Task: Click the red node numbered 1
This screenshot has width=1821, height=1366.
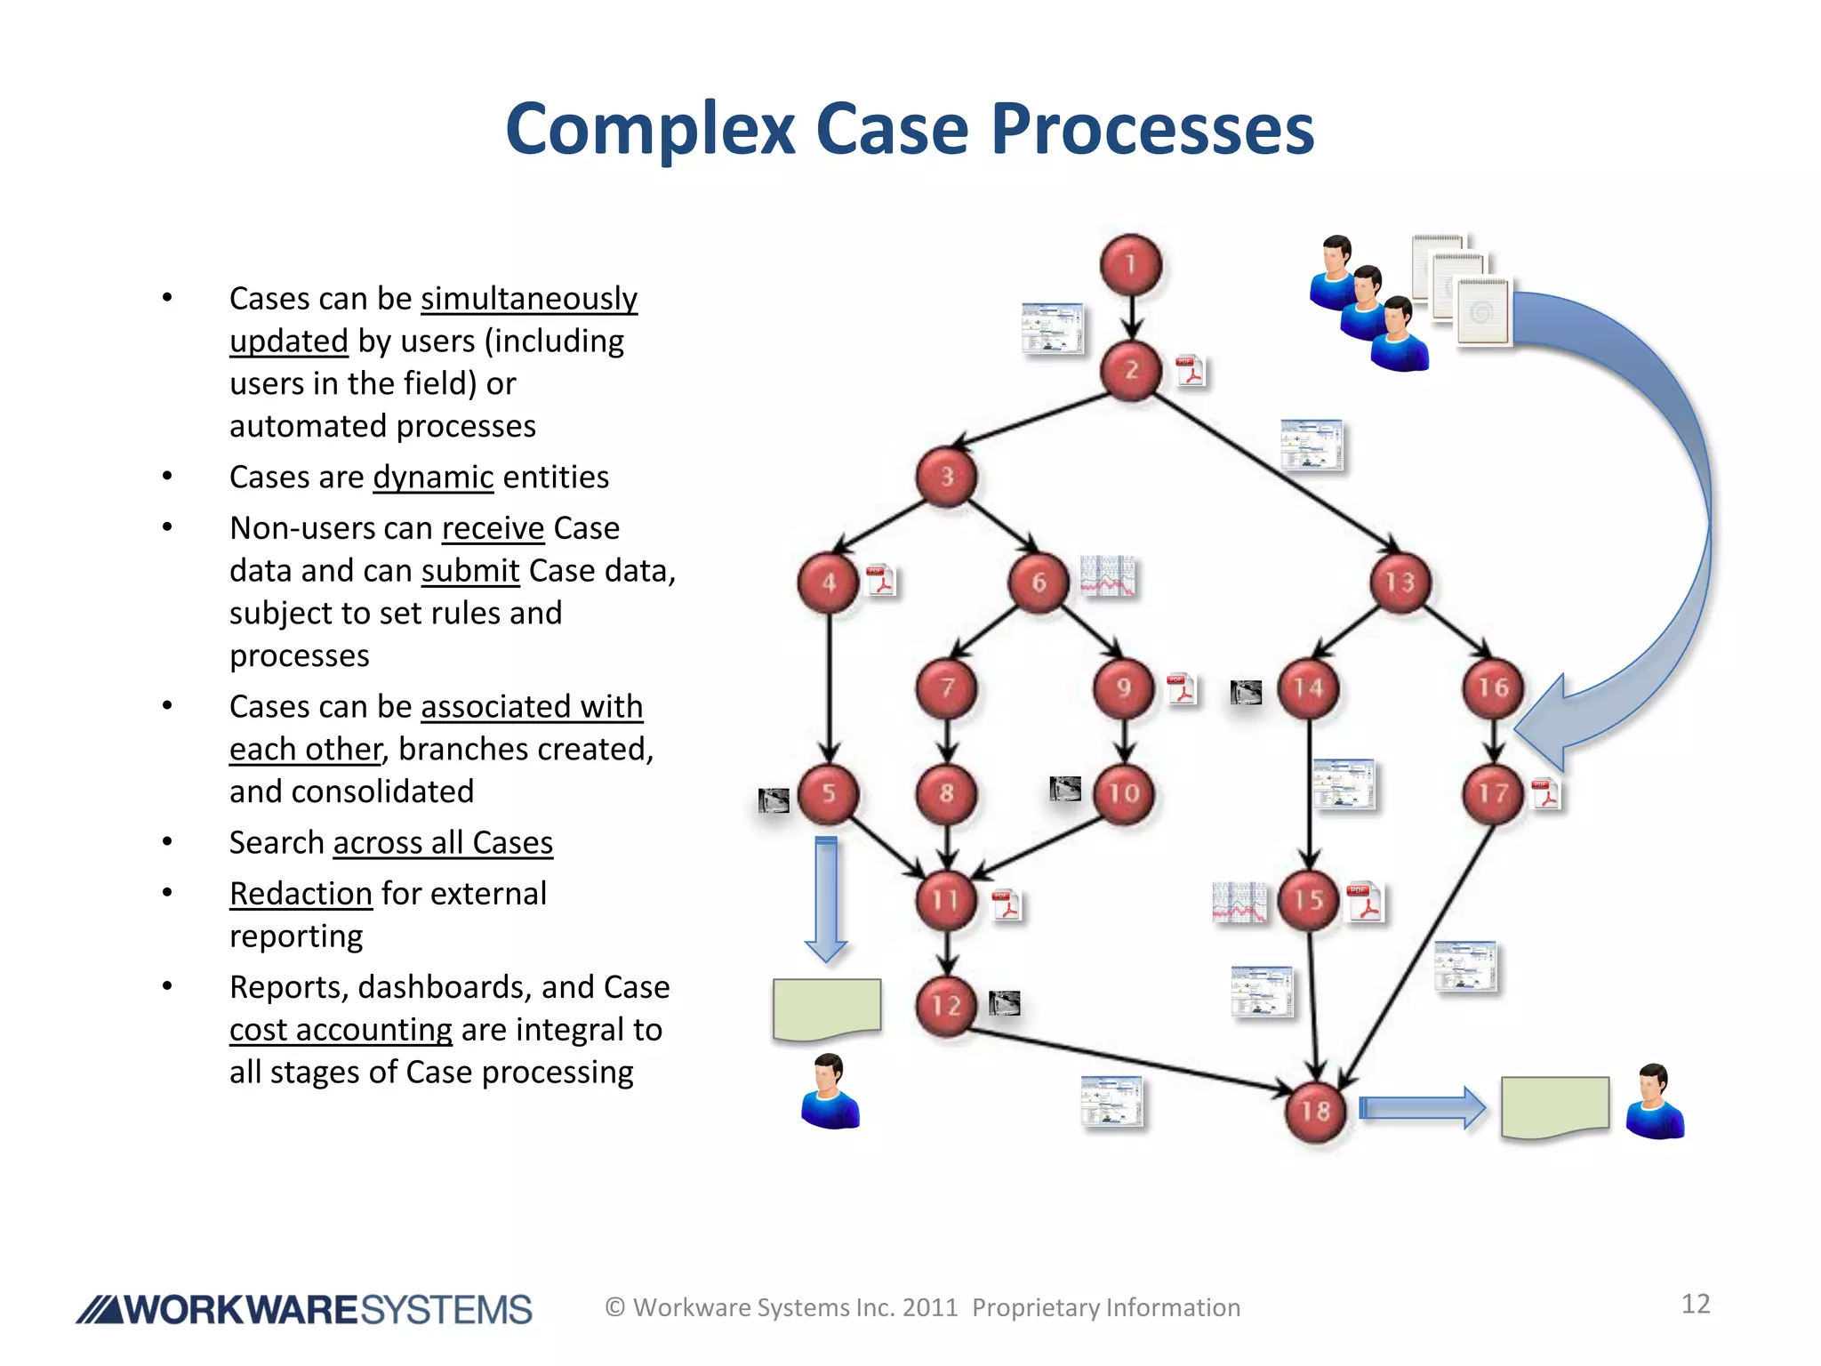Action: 1130,264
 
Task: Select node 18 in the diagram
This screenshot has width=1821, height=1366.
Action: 1315,1111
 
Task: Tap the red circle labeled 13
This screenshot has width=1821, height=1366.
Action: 1400,582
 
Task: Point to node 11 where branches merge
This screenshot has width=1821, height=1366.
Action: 946,900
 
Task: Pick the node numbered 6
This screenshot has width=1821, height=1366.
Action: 1038,582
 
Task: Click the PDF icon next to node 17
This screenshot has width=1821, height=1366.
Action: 1546,793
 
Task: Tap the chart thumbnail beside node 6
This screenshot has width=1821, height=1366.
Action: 1107,576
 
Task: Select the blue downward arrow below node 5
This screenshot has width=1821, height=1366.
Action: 826,898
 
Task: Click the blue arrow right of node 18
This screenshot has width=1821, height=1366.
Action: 1422,1108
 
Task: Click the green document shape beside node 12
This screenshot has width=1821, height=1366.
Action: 827,1008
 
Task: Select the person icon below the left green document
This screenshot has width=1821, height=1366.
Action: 830,1091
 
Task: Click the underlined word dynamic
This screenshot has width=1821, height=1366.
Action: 433,478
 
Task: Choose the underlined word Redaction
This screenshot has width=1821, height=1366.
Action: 301,894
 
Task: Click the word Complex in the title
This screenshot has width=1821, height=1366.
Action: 649,129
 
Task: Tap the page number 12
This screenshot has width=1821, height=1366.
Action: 1695,1304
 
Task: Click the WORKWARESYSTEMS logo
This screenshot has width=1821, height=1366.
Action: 304,1310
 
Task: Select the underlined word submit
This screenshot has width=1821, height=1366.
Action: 469,571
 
